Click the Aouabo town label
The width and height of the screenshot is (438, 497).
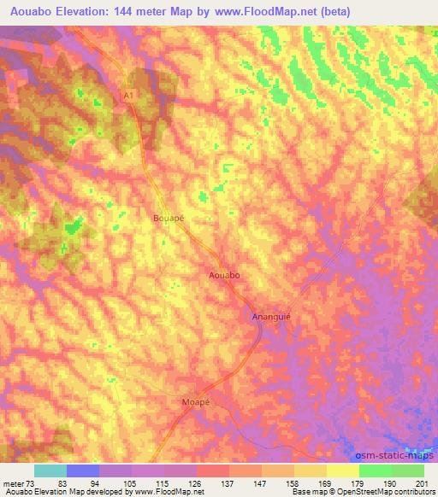pyautogui.click(x=224, y=276)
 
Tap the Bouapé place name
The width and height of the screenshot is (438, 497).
pyautogui.click(x=169, y=218)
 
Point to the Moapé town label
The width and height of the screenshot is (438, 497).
pyautogui.click(x=196, y=400)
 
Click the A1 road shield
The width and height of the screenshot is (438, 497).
pyautogui.click(x=128, y=98)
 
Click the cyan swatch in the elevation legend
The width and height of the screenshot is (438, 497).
pyautogui.click(x=50, y=471)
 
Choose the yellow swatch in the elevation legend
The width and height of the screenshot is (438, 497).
pyautogui.click(x=342, y=471)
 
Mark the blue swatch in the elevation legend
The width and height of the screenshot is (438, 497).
pyautogui.click(x=83, y=471)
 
